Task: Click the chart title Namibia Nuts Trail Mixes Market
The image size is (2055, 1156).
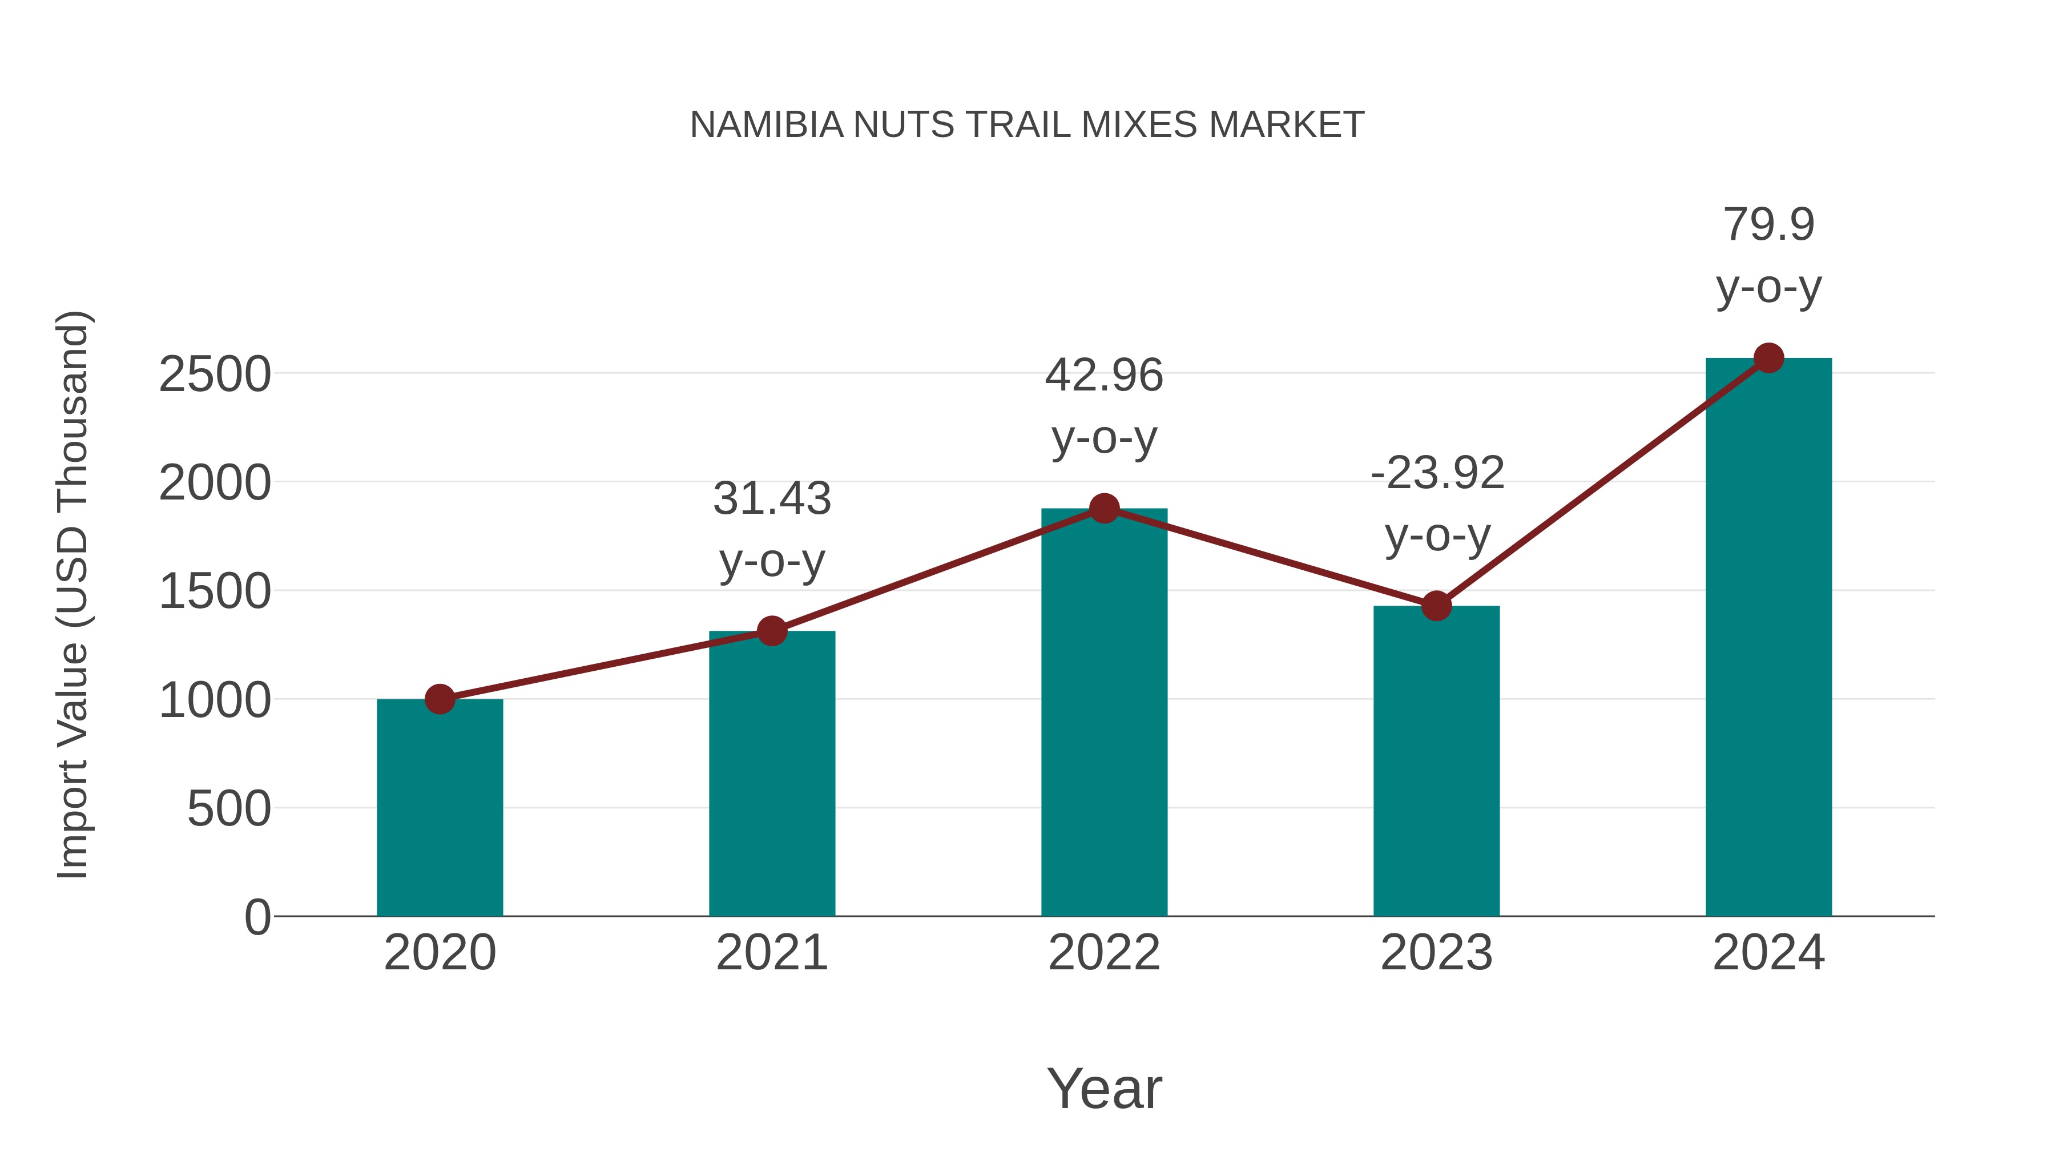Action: click(1027, 125)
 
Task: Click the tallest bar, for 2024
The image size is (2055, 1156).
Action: click(1768, 638)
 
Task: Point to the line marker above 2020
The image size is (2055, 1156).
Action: click(440, 700)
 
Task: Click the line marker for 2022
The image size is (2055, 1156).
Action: click(1104, 508)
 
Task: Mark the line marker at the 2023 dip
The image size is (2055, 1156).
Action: click(1436, 606)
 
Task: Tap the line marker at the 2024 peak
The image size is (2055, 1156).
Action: click(1768, 358)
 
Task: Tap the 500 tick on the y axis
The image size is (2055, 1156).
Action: click(229, 809)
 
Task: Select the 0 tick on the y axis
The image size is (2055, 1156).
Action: click(257, 917)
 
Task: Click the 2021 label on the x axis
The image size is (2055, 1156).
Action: click(771, 953)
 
